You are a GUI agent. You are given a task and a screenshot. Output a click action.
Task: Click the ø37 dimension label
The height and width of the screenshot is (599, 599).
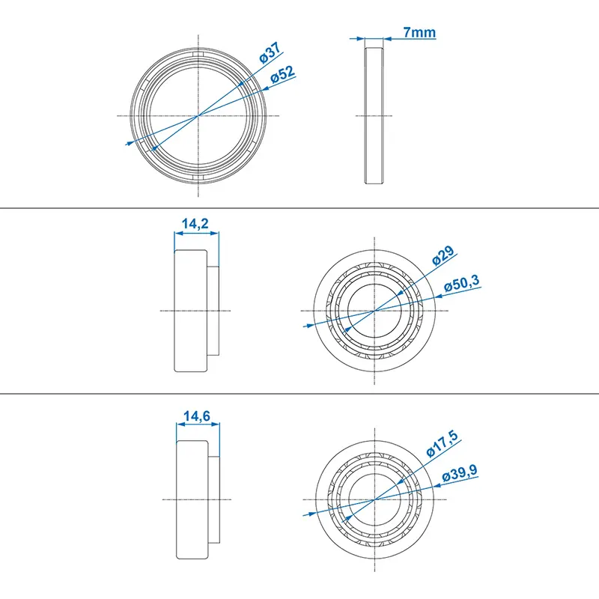coord(270,55)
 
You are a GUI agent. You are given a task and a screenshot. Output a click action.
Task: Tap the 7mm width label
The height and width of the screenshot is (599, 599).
coord(419,33)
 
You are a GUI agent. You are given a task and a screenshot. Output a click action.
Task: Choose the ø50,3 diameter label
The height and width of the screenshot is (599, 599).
coord(462,284)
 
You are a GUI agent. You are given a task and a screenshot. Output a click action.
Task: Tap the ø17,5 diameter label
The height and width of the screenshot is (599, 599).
coord(441,442)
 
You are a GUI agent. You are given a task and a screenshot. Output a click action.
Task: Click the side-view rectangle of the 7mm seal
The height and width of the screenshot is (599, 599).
coord(374,115)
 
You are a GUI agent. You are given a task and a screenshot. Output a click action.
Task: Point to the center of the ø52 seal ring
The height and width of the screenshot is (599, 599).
coord(198,115)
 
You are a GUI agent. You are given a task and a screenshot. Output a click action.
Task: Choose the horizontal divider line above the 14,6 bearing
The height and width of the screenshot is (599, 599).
coord(299,392)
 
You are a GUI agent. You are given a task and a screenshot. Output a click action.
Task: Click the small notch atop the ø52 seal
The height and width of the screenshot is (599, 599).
coord(198,54)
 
